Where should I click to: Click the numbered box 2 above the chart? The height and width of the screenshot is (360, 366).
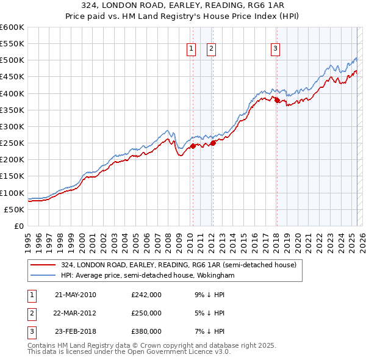pos(211,49)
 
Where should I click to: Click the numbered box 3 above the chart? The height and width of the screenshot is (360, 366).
pos(276,49)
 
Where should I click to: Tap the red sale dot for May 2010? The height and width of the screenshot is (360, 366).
pos(193,146)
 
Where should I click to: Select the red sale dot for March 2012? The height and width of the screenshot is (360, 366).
pos(213,143)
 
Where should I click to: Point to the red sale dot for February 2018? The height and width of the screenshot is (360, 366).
pos(276,100)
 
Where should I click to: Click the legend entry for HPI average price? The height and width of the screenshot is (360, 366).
pos(148,276)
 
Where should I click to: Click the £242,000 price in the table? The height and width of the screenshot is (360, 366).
pos(146,295)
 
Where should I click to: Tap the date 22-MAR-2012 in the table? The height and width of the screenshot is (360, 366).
pos(76,313)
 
